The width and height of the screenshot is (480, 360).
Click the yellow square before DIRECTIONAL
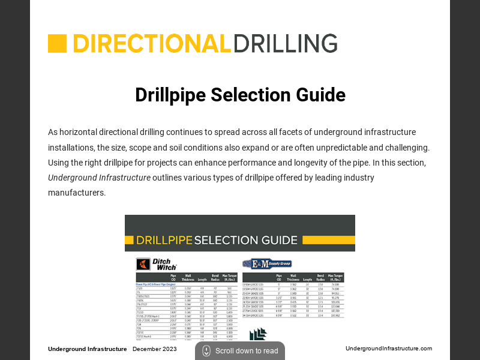tap(57, 44)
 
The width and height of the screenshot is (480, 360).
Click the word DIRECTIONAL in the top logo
tap(152, 44)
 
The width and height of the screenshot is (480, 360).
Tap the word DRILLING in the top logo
tap(285, 44)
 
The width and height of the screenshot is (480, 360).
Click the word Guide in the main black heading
tap(321, 95)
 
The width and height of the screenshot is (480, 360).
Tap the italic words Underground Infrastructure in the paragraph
tap(99, 178)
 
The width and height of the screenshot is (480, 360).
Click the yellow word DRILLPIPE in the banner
tap(164, 241)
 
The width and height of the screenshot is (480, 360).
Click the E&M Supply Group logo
tap(266, 263)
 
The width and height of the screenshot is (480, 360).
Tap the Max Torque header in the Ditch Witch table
tap(229, 278)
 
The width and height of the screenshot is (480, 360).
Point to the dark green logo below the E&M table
tap(258, 335)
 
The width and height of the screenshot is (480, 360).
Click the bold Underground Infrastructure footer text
tap(87, 349)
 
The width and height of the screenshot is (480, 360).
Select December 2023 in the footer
tap(155, 349)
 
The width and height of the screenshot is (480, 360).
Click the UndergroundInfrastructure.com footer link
tap(389, 349)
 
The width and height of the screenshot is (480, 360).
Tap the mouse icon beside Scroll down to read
tap(206, 351)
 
